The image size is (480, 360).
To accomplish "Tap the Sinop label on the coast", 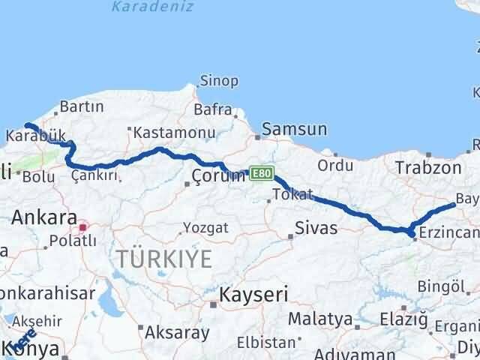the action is (x=218, y=81).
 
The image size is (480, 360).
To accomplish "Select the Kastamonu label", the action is (x=166, y=133).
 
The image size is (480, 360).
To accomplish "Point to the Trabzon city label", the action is (x=428, y=167).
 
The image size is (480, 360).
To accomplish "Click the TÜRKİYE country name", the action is (x=164, y=259).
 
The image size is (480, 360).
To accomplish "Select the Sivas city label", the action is (x=316, y=227).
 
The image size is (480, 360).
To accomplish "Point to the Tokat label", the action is (x=292, y=194).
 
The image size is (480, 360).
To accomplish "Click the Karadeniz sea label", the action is (x=152, y=7).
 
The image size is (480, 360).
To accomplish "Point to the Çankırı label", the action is (x=95, y=175).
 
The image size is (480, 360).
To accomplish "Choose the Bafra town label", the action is (x=213, y=109).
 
